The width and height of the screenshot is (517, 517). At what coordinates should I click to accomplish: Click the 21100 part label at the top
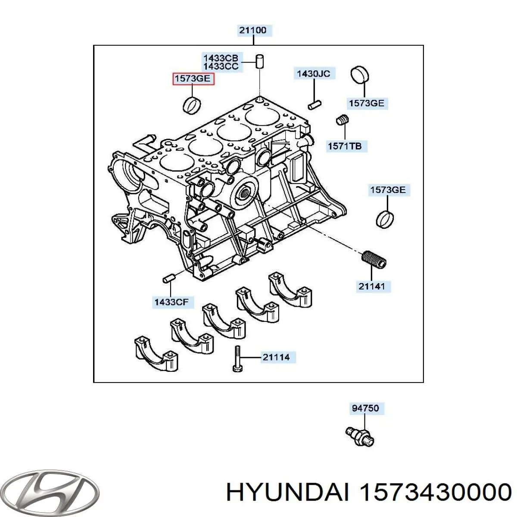(253, 30)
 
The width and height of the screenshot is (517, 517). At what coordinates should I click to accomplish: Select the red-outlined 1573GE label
(193, 79)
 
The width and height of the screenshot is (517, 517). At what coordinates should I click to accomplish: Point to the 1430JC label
(313, 74)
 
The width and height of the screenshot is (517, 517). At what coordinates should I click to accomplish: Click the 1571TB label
(344, 146)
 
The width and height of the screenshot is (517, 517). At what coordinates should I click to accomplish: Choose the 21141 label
(372, 286)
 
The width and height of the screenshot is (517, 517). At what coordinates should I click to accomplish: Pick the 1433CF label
(171, 302)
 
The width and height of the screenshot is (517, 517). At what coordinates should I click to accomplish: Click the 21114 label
(276, 357)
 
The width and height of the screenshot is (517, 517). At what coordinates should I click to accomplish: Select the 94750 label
(365, 408)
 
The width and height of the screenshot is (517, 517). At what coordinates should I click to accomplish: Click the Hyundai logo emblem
(55, 491)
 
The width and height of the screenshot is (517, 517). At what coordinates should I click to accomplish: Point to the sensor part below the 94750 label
(360, 436)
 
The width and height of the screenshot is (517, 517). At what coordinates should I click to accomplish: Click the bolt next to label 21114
(236, 358)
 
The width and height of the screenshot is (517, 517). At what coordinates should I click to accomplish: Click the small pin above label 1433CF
(168, 279)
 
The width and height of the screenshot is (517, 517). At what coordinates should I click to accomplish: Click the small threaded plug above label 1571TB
(342, 120)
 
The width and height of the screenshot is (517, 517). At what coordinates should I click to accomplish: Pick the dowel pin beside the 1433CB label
(260, 61)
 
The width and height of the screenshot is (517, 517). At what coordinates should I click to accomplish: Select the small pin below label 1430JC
(314, 104)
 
